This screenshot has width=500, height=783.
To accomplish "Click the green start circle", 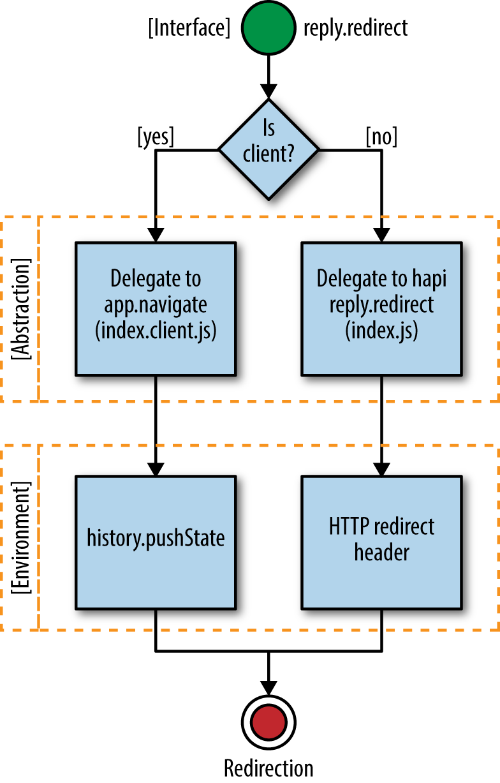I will pos(268,29).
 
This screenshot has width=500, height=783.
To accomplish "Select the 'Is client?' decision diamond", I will pos(268,149).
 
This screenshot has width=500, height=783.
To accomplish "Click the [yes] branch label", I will pos(155,137).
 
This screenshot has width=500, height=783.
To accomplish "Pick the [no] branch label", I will pos(382,137).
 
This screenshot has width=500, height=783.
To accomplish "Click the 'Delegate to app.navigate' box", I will pos(156,308).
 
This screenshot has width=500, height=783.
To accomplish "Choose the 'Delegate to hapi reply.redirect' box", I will pos(382,308).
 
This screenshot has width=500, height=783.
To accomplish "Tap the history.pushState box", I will pos(156,541).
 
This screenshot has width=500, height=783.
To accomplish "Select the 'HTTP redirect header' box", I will pos(382,541).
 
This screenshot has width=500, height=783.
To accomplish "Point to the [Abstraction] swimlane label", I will pos(22,309).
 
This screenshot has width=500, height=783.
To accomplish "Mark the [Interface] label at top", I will pos(189,29).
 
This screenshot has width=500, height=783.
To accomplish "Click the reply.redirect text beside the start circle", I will pos(355,29).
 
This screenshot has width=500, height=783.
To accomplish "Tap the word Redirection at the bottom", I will pos(268,768).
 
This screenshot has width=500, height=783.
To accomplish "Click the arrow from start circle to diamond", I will pos(268,75).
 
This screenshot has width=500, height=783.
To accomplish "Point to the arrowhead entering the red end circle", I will pos(268,690).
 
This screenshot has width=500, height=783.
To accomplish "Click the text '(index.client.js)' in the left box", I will pos(156,332).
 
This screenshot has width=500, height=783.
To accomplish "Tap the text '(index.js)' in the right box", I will pos(382,332).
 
